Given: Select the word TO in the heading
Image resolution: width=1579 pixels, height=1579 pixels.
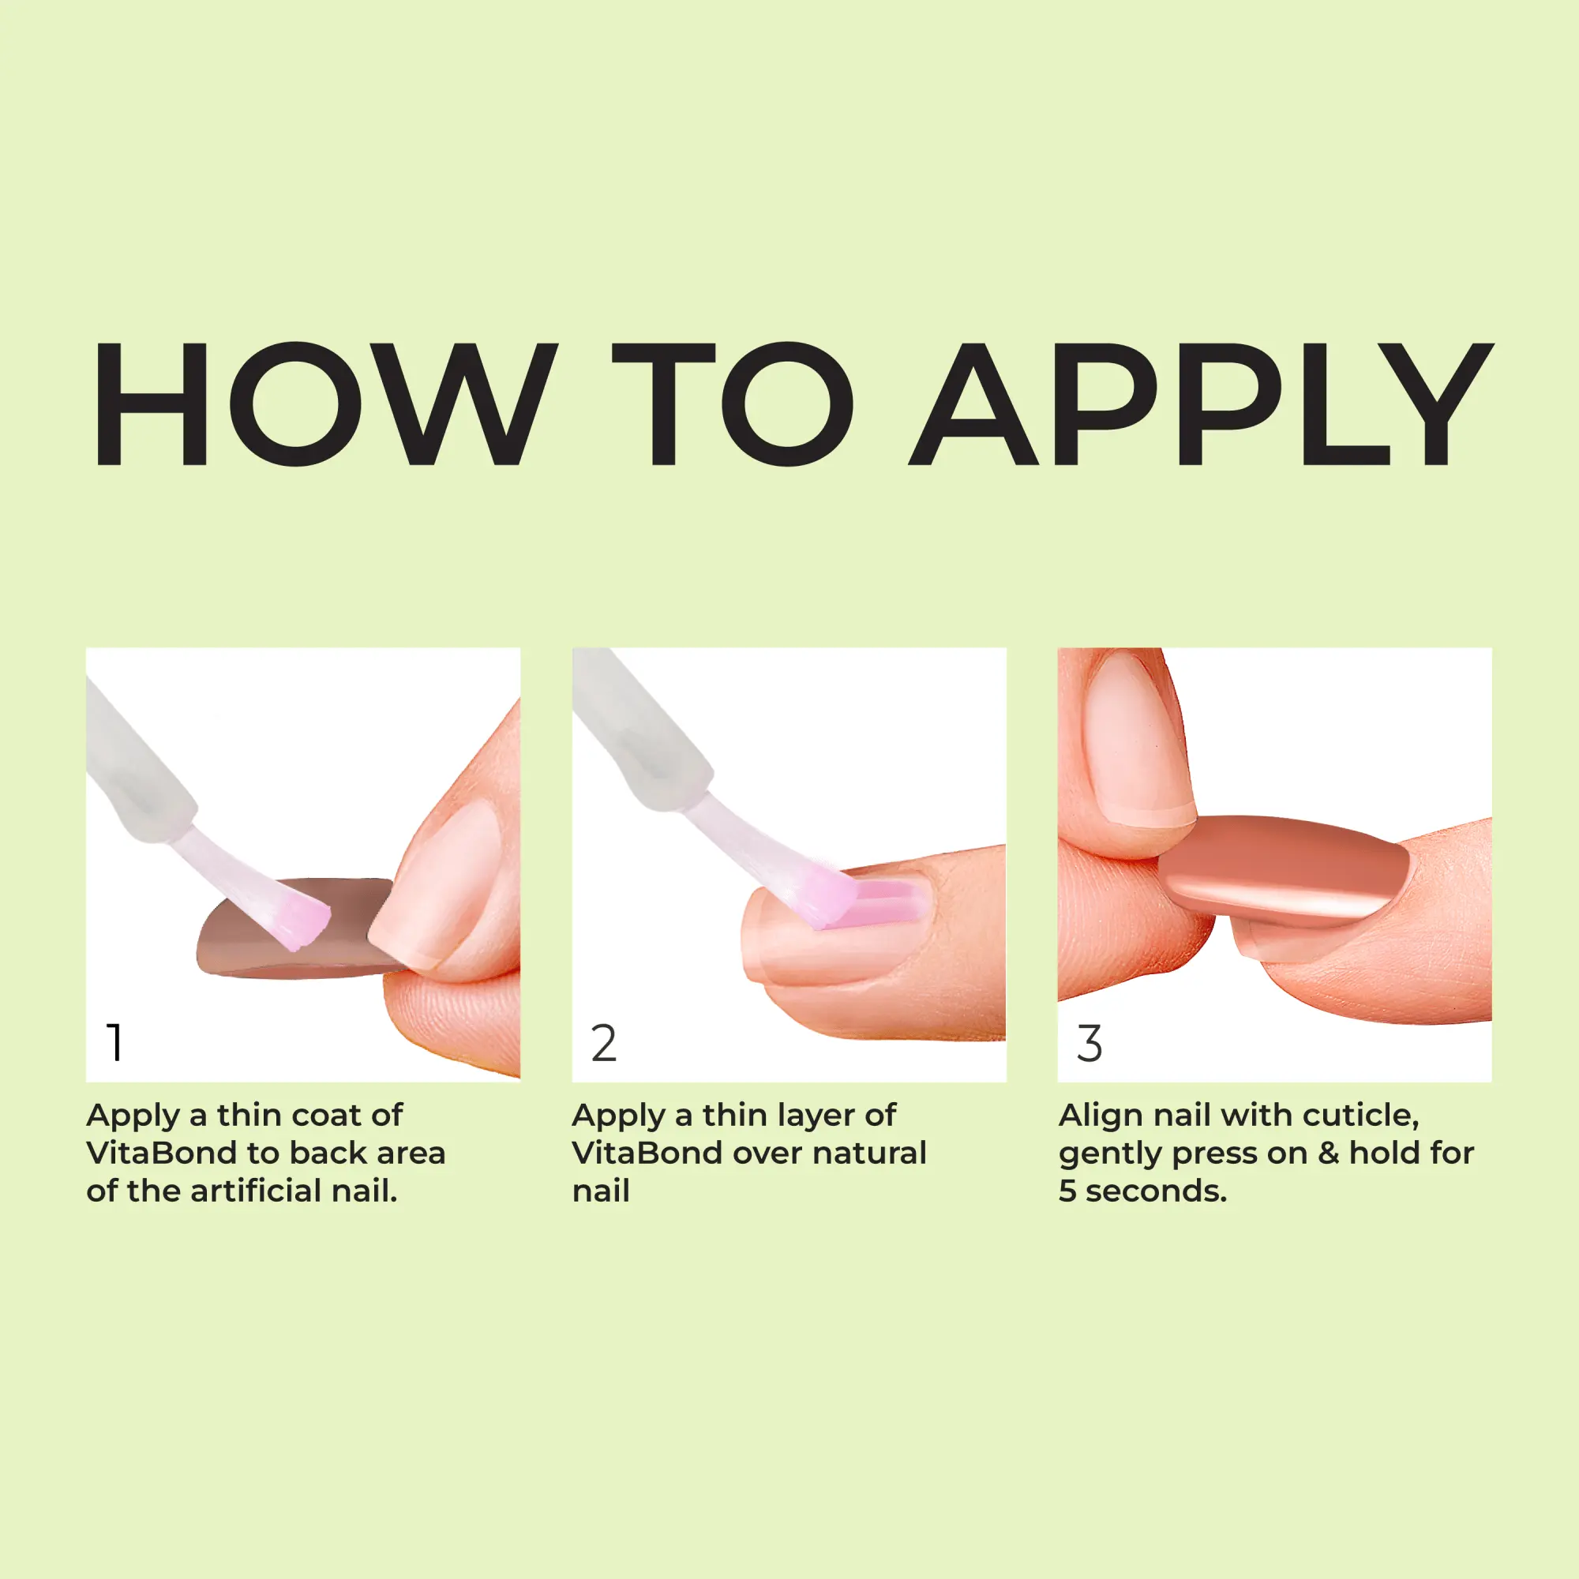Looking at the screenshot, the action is point(733,403).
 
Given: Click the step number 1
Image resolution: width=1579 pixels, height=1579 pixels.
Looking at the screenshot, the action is point(115,1043).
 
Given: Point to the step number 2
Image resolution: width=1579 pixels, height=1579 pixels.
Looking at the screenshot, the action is point(604,1043).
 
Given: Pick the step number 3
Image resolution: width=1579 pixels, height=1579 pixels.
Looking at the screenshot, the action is point(1090,1043).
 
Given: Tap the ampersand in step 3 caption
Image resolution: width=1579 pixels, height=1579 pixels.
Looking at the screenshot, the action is point(1328,1153).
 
